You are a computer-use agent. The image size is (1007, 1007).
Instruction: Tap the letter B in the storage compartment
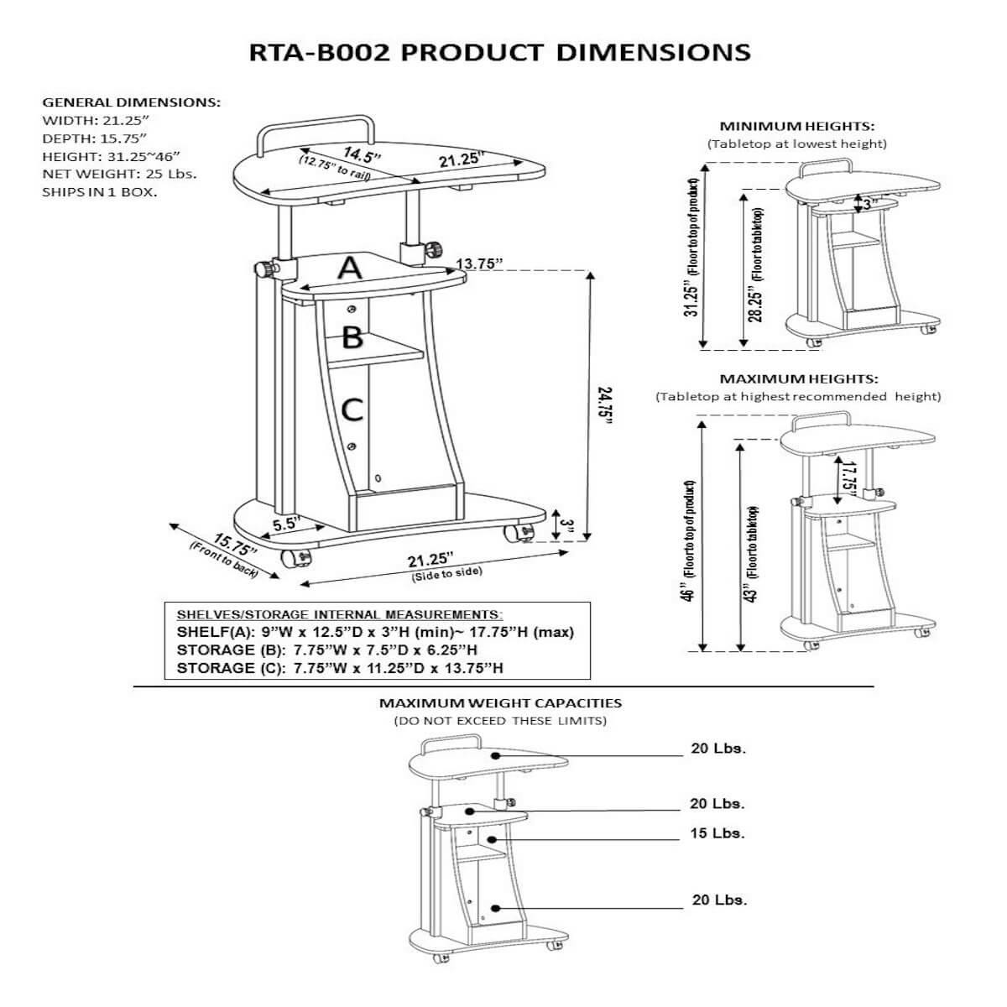pyautogui.click(x=352, y=337)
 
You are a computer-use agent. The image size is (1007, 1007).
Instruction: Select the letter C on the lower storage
pyautogui.click(x=352, y=410)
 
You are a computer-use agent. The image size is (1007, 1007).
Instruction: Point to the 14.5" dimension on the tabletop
pyautogui.click(x=362, y=154)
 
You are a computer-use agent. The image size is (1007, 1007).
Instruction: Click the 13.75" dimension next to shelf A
pyautogui.click(x=479, y=264)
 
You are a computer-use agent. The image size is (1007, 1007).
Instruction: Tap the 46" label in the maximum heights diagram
pyautogui.click(x=689, y=592)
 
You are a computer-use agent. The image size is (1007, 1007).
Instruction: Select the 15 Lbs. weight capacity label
pyautogui.click(x=717, y=833)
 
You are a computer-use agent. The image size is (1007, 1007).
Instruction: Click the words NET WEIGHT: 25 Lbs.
pyautogui.click(x=119, y=175)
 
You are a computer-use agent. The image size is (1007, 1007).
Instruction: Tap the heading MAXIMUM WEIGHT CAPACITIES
pyautogui.click(x=500, y=703)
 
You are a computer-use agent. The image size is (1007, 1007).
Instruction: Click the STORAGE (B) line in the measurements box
pyautogui.click(x=328, y=650)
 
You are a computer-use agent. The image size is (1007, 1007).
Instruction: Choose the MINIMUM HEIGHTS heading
pyautogui.click(x=796, y=127)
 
